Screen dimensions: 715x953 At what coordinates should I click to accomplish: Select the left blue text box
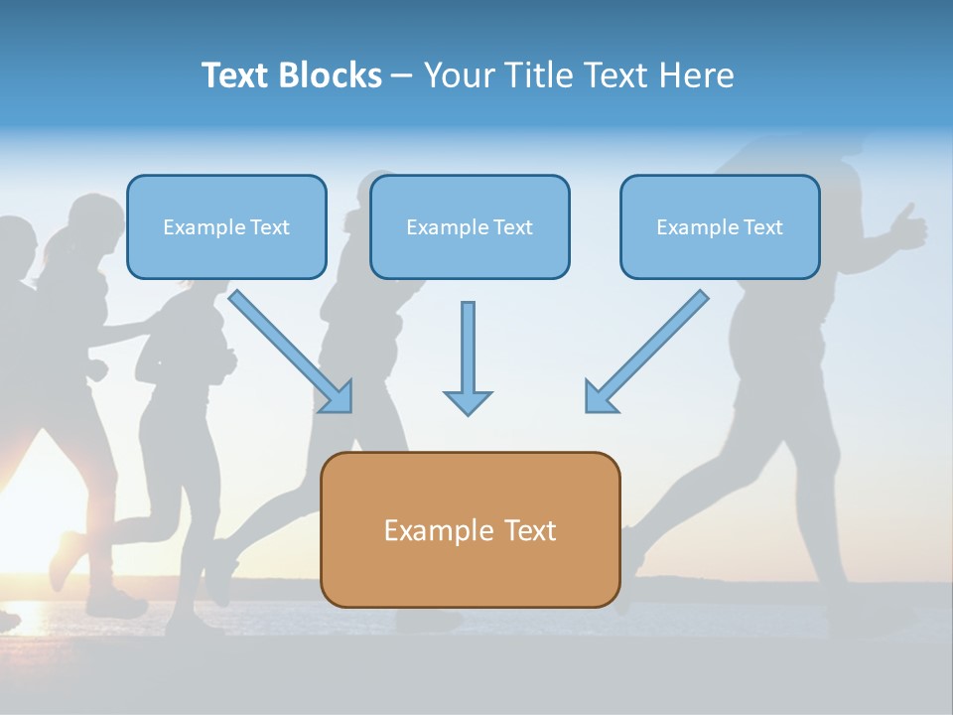pos(226,227)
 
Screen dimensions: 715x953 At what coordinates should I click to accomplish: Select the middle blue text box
pos(470,227)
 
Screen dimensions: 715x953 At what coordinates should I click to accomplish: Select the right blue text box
pos(720,227)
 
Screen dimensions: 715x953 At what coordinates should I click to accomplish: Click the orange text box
pos(470,529)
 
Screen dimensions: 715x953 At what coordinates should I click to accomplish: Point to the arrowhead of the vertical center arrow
pos(468,402)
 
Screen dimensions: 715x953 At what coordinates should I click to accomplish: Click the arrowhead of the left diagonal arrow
pos(338,397)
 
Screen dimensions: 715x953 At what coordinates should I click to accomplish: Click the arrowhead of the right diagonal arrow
pos(600,397)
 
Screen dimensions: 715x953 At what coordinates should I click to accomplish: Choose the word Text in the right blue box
pos(763,227)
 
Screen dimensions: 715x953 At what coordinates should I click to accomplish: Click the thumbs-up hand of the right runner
pos(907,228)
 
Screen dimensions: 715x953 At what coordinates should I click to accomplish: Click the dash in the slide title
pos(402,76)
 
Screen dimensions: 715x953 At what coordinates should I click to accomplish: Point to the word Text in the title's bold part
pos(235,75)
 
